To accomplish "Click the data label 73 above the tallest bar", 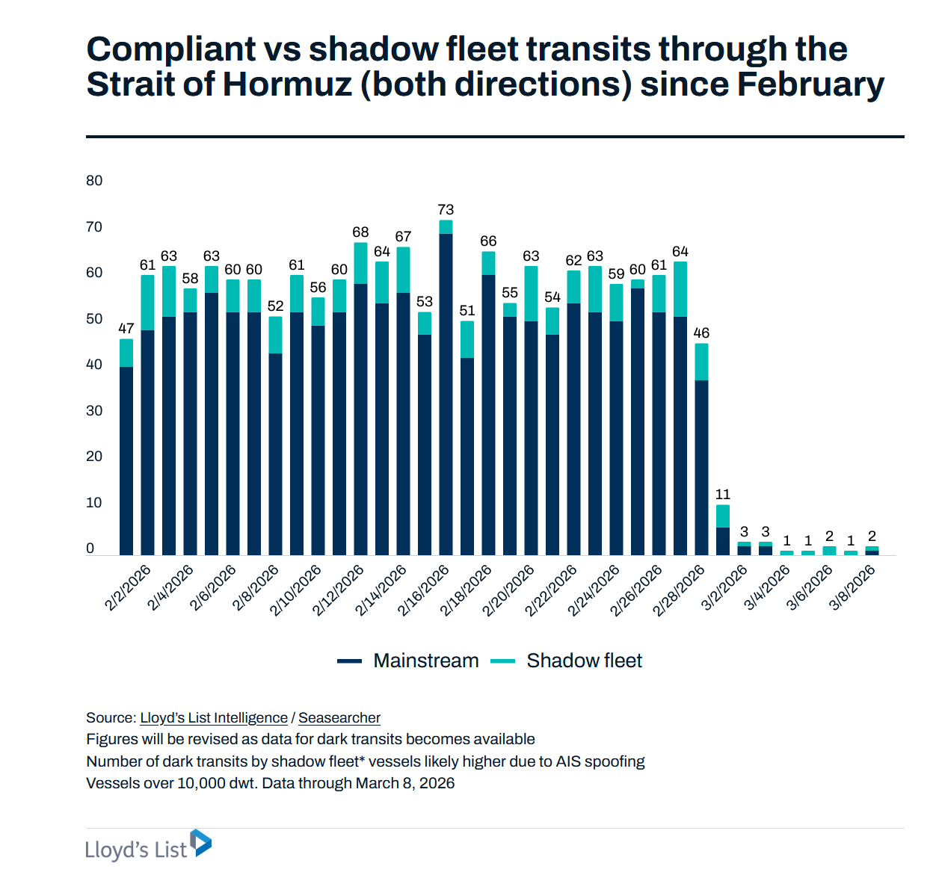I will (x=446, y=210).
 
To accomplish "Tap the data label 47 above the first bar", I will (x=126, y=329).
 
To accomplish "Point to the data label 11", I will (x=722, y=495).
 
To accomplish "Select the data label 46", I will (x=701, y=333).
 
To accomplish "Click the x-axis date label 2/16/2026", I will (x=424, y=590).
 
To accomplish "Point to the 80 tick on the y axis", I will (x=94, y=181).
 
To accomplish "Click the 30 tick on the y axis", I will (x=94, y=411).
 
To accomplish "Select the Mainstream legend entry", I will (x=425, y=661).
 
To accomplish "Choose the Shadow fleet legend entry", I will (x=584, y=661).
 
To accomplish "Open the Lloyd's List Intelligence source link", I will (x=214, y=718).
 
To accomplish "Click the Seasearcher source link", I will (x=339, y=718).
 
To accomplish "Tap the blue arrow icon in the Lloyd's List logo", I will (x=201, y=843).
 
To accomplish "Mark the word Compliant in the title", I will (x=171, y=49).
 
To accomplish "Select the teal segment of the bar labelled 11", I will (x=722, y=516).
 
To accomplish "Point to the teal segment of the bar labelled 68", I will (x=360, y=263).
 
